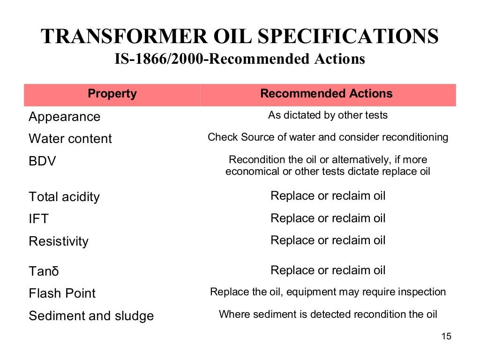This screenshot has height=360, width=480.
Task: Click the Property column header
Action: tap(112, 94)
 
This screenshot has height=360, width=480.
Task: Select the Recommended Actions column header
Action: tap(326, 94)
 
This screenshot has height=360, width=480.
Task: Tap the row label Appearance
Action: tap(64, 117)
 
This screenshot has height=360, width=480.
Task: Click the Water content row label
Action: tap(70, 139)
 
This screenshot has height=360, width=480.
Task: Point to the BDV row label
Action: tap(42, 162)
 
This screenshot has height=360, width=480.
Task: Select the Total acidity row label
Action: tap(64, 197)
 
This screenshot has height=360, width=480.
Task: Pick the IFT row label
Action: tap(38, 219)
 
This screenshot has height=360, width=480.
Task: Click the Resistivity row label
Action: tap(59, 241)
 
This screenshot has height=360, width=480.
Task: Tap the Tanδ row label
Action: tap(44, 271)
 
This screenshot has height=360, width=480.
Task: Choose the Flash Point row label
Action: tap(62, 293)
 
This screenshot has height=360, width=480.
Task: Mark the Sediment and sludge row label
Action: tap(91, 316)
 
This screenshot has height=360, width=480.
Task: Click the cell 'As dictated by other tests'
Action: tap(328, 115)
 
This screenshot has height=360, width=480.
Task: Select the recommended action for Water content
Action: tap(328, 137)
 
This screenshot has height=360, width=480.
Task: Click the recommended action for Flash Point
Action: tap(328, 292)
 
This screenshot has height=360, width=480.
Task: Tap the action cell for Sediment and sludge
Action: tap(328, 314)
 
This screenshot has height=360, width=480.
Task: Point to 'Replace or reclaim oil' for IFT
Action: tap(328, 218)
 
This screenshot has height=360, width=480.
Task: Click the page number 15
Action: tap(446, 337)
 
